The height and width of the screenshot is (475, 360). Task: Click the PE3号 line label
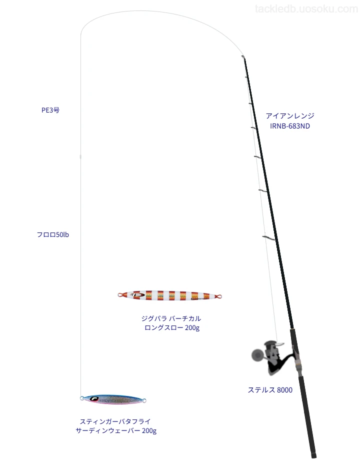click(x=50, y=110)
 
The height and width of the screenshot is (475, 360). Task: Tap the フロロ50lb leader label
click(x=52, y=234)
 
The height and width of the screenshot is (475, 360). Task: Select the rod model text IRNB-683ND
click(x=290, y=126)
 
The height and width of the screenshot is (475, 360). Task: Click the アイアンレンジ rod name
click(x=290, y=115)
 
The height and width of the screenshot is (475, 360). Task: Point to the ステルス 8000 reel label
click(x=270, y=390)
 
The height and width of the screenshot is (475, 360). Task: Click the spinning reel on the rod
click(x=272, y=357)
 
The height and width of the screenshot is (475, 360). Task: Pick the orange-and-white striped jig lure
click(x=169, y=295)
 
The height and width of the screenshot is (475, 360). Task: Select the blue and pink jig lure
click(x=113, y=399)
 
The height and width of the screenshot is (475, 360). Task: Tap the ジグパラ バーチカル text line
click(x=171, y=318)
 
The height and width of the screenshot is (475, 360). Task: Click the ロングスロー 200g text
click(x=172, y=328)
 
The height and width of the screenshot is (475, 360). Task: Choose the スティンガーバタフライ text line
click(x=115, y=421)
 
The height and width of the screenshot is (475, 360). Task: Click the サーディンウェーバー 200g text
click(x=116, y=431)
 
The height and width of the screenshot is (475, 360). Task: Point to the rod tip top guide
click(x=242, y=56)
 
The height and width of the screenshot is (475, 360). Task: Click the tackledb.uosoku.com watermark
click(x=306, y=9)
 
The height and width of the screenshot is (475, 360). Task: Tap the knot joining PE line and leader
click(x=80, y=156)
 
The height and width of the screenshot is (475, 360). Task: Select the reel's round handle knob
click(x=257, y=354)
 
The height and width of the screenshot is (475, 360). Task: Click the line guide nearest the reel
click(x=269, y=238)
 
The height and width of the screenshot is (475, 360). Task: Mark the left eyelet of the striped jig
click(x=120, y=294)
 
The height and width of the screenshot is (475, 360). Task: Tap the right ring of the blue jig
click(x=144, y=401)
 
